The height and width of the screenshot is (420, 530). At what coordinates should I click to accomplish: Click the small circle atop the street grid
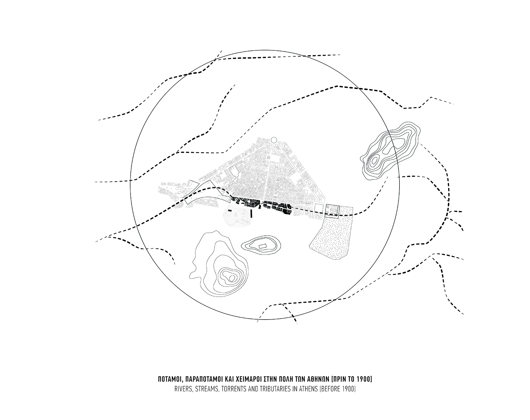(x=274, y=140)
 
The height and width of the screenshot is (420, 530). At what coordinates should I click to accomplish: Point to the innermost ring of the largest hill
(x=232, y=278)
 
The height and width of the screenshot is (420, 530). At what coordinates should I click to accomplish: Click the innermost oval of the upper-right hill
(x=374, y=161)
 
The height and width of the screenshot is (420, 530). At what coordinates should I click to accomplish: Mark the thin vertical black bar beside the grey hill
(x=251, y=213)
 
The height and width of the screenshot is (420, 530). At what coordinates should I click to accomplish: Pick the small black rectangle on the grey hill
(x=230, y=210)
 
